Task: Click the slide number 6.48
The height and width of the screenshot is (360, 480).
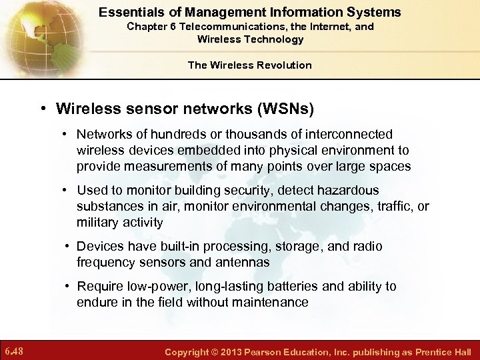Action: point(14,351)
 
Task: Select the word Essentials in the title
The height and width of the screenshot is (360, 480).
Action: point(126,12)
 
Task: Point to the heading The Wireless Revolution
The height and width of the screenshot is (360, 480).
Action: point(250,65)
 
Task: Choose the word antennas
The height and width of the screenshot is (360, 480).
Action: point(245,263)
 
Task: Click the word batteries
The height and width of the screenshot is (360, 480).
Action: point(292,287)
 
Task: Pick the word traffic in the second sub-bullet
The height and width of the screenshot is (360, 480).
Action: point(395,207)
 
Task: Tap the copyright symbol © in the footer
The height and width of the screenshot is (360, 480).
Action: point(216,351)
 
